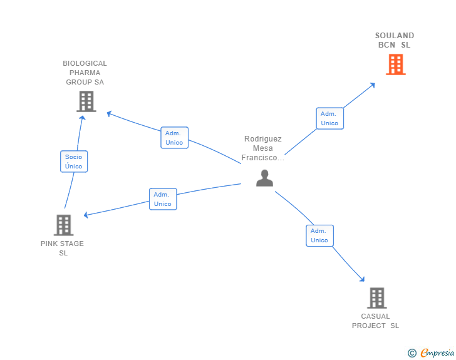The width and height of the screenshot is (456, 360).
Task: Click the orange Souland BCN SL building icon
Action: coord(395,64)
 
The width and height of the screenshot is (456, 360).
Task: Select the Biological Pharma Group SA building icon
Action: coord(86,101)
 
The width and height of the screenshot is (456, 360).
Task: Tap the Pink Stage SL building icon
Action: coord(63,225)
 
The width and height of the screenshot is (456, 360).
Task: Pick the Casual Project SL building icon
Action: coord(376,298)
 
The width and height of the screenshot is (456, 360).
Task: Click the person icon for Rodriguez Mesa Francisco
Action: coord(264,178)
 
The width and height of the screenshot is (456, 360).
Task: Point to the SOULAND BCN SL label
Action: coord(395,40)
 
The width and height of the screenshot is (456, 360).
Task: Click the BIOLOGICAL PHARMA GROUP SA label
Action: coord(85,73)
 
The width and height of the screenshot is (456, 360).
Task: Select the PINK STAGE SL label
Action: coord(63,249)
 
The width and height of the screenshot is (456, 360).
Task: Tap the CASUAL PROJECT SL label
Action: coord(375,321)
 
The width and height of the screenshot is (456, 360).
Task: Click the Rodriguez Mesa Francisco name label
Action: coord(263,148)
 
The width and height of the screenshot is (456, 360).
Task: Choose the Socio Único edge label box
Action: coord(74,162)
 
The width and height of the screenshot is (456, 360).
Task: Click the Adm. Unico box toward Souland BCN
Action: coord(329,118)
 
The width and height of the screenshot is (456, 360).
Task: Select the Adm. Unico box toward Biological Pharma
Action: coord(174,138)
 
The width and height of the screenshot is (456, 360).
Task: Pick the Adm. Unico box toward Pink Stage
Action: coord(163,199)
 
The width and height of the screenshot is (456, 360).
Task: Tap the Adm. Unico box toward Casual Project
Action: coord(319,235)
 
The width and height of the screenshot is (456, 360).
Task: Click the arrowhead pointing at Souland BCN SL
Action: coord(373,84)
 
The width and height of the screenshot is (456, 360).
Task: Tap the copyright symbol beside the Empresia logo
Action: coord(412,353)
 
